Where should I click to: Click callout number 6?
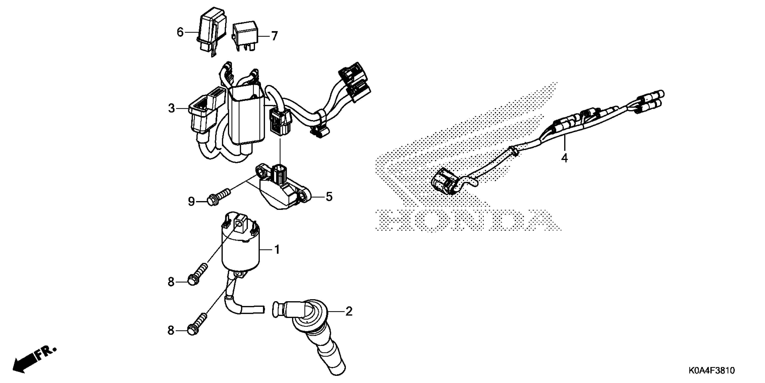point(180,32)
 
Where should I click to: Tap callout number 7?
point(274,36)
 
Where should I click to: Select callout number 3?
point(171,109)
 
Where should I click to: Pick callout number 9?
point(191,202)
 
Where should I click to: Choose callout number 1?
point(277,250)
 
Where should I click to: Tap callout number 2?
point(349,311)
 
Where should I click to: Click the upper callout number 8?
point(171,282)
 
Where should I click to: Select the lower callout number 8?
point(171,330)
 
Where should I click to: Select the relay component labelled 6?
point(211,33)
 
